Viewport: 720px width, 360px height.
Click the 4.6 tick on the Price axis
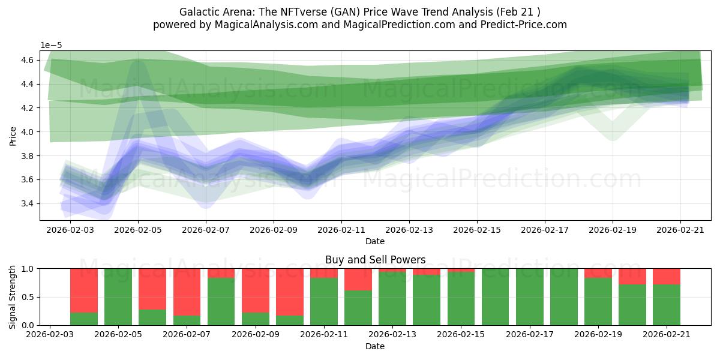click(x=28, y=60)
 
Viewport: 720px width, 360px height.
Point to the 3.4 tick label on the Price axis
click(x=28, y=203)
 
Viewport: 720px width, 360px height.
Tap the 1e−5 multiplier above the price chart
click(x=51, y=46)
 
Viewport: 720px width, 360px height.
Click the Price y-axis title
click(x=13, y=136)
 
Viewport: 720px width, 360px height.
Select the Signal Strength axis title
click(x=12, y=297)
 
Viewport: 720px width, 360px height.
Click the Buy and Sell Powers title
click(x=375, y=260)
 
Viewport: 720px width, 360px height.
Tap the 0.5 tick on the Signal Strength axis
click(x=28, y=297)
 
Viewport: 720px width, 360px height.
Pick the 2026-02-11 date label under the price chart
click(x=341, y=230)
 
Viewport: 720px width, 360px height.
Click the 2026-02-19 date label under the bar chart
click(x=598, y=335)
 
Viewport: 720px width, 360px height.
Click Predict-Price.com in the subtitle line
click(x=524, y=25)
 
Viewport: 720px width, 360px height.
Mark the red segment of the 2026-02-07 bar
click(x=187, y=292)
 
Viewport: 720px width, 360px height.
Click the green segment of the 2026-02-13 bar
click(x=392, y=299)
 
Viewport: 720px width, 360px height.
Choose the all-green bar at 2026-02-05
click(x=118, y=297)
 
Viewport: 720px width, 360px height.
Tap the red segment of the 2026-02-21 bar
click(x=667, y=277)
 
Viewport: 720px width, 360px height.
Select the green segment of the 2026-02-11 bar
click(x=324, y=301)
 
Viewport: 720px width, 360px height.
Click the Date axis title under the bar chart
click(x=375, y=346)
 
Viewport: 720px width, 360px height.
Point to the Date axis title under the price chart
click(x=375, y=241)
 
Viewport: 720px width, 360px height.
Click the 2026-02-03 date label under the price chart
click(x=70, y=230)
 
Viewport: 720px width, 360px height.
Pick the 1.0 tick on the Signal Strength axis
click(x=28, y=269)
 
